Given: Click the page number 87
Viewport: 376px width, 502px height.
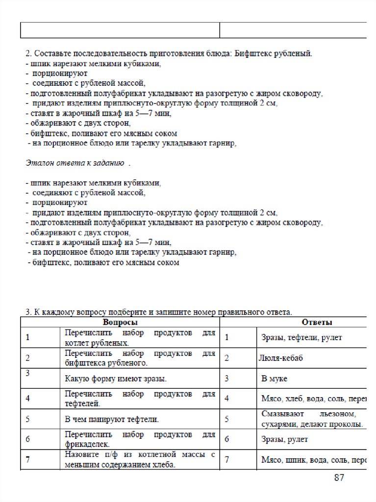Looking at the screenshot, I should (339, 477).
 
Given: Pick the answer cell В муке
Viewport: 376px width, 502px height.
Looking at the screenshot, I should (275, 379).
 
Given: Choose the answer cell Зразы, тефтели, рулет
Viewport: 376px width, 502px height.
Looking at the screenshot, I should (301, 337).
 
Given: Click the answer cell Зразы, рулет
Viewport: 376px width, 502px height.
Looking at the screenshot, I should (285, 439).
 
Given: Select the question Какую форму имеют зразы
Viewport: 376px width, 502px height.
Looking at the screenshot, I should (116, 379).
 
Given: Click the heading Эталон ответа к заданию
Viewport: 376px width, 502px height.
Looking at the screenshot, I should (75, 162).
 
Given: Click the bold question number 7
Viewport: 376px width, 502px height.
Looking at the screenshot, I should (28, 460).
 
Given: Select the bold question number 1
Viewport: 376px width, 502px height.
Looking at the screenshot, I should (28, 337).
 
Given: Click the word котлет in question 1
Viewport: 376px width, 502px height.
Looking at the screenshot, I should (75, 342).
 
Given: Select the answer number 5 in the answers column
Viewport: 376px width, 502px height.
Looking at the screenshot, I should (227, 419).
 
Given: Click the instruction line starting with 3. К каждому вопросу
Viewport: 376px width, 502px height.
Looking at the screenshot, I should (158, 311).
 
